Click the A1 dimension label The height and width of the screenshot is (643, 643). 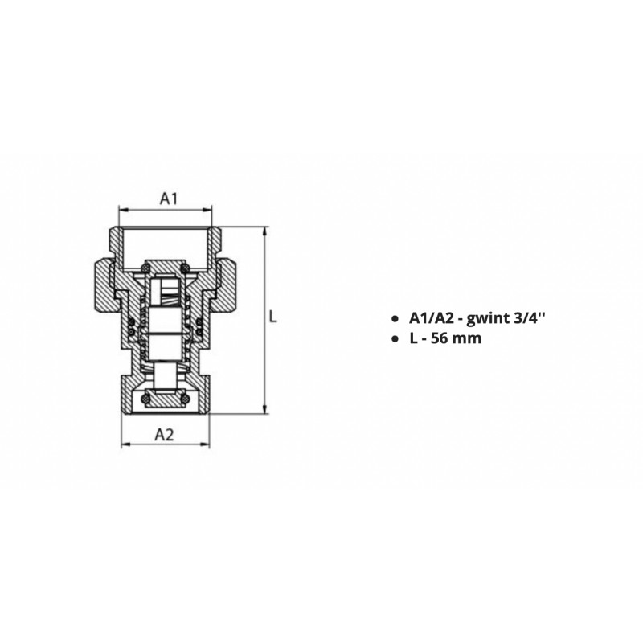169,199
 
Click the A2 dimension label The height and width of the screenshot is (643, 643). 165,434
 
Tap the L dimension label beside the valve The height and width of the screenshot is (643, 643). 273,317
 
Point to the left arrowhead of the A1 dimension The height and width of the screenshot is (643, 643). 122,210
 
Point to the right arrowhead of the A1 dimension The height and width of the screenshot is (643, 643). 208,210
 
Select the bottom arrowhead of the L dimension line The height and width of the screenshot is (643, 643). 265,410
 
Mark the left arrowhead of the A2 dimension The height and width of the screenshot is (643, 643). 125,444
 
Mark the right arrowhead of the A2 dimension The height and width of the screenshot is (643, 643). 206,444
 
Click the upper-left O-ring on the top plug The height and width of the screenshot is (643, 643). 145,268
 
